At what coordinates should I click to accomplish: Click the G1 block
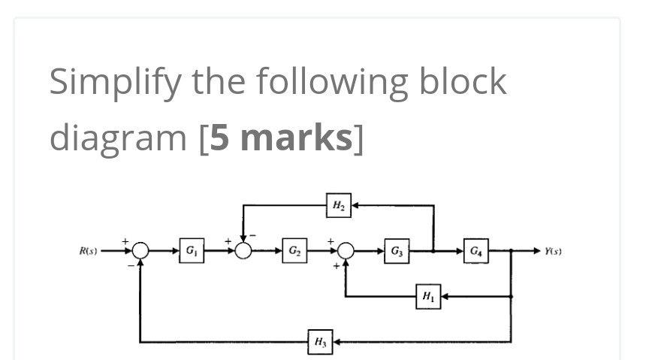point(191,250)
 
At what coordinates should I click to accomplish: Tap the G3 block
point(397,250)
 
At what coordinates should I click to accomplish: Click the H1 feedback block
point(427,296)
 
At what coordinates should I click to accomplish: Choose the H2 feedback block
point(338,204)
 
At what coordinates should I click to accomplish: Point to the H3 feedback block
point(320,343)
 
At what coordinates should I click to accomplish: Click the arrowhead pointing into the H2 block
point(355,204)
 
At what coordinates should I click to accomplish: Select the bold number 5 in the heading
point(219,138)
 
